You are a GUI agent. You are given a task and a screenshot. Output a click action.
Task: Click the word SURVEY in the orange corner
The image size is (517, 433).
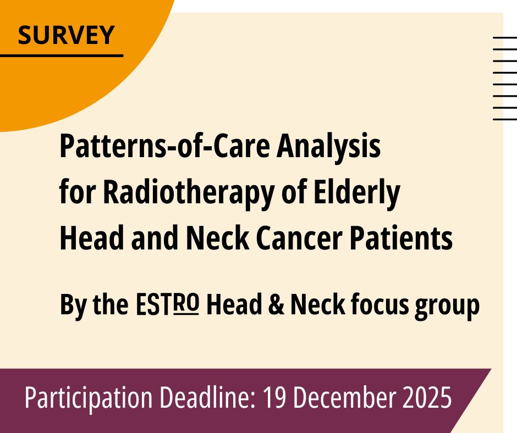click(x=66, y=35)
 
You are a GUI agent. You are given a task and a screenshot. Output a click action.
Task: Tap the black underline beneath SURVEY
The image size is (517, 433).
click(x=62, y=55)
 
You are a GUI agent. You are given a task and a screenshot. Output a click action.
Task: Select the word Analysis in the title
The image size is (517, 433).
click(x=328, y=147)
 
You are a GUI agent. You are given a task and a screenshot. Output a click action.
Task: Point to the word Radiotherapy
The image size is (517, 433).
click(x=189, y=194)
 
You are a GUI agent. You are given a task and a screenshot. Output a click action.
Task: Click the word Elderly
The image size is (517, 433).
click(x=357, y=194)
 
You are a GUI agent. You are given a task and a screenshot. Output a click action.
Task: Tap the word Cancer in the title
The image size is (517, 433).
click(x=299, y=238)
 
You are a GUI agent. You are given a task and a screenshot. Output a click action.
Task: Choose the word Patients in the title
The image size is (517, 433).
click(x=401, y=238)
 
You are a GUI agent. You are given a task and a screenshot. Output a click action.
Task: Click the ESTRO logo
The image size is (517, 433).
click(x=168, y=304)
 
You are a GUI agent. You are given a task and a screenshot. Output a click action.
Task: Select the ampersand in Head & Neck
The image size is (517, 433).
click(x=276, y=305)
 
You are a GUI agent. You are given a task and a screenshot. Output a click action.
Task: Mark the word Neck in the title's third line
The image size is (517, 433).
click(x=218, y=238)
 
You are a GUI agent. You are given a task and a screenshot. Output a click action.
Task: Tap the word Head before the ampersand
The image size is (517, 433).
click(x=234, y=304)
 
